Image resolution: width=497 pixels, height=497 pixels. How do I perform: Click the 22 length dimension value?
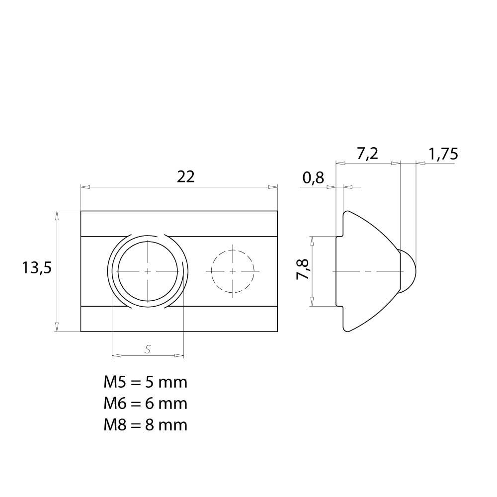[186, 176]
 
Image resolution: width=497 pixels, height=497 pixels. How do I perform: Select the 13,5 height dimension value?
[37, 268]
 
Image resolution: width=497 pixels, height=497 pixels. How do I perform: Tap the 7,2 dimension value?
[368, 154]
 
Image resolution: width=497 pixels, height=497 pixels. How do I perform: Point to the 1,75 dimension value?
[443, 154]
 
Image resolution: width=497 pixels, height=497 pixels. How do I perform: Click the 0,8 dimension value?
[313, 178]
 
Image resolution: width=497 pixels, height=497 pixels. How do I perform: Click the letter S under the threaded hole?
[148, 349]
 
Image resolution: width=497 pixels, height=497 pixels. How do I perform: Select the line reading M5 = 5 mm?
[146, 382]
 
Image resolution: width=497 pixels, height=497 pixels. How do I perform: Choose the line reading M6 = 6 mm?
[146, 404]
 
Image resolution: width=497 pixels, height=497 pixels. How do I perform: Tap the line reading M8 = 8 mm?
[146, 425]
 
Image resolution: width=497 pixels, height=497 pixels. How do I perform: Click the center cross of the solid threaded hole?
[148, 271]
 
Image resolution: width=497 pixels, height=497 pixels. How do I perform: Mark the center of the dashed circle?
[233, 271]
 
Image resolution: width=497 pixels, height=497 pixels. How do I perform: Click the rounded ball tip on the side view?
[408, 271]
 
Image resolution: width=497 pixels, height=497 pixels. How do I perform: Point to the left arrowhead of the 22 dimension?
[85, 187]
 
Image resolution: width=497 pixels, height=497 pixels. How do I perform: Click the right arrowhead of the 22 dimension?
[273, 187]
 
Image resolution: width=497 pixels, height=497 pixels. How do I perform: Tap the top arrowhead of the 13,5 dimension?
[57, 216]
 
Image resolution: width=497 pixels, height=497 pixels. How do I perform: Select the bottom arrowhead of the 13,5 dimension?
[57, 327]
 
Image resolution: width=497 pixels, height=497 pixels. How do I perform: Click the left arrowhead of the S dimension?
[117, 356]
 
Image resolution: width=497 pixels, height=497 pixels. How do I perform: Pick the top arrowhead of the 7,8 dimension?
[312, 241]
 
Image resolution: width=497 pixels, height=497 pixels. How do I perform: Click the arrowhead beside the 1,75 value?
[420, 163]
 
